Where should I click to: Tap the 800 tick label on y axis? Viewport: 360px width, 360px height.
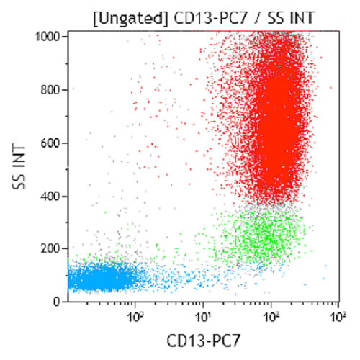coord(52,89)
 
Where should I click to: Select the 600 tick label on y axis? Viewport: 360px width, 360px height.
coord(52,143)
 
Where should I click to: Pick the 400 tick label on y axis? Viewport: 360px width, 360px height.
coord(52,196)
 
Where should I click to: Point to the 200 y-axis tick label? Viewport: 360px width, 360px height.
coord(52,249)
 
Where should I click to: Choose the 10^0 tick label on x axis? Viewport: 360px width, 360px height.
coord(134,314)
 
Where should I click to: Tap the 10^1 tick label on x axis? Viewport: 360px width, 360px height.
coord(202,314)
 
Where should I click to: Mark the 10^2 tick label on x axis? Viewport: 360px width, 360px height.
coord(271,314)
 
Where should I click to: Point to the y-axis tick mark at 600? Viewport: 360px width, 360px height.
coord(66,143)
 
